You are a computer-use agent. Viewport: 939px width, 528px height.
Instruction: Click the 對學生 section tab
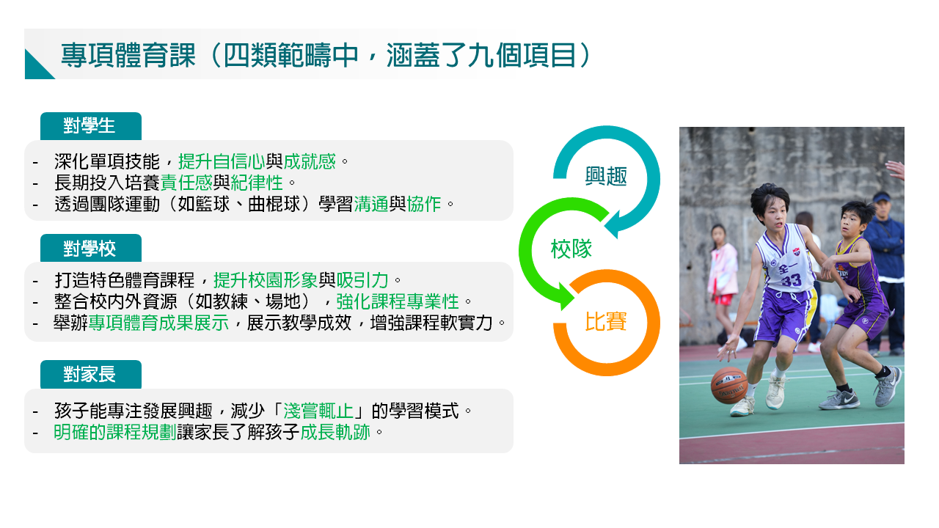[90, 125]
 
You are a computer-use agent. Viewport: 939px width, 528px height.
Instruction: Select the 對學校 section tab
[90, 248]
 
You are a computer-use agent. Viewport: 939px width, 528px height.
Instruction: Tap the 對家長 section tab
[90, 374]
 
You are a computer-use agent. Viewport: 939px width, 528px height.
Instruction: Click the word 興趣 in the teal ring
[606, 176]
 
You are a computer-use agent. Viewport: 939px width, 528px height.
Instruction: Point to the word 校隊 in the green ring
[571, 249]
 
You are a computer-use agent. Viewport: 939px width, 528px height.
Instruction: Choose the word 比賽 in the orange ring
[605, 322]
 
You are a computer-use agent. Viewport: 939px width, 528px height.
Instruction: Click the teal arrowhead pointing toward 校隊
[612, 225]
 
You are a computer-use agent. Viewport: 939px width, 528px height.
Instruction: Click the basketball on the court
[729, 386]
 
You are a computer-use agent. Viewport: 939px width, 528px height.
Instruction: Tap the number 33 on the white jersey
[791, 280]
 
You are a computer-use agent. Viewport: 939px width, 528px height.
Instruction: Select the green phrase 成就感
[310, 161]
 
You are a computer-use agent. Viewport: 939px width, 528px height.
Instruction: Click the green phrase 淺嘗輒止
[318, 411]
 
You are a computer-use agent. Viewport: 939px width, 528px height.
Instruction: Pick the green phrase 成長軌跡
[335, 432]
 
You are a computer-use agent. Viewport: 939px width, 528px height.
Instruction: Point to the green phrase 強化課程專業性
[398, 301]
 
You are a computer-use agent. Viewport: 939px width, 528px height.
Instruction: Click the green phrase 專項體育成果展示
[158, 323]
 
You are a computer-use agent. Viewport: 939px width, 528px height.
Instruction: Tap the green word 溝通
[371, 204]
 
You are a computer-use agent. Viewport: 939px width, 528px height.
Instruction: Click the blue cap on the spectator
[882, 197]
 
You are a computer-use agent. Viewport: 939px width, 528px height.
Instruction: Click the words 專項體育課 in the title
[128, 55]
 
